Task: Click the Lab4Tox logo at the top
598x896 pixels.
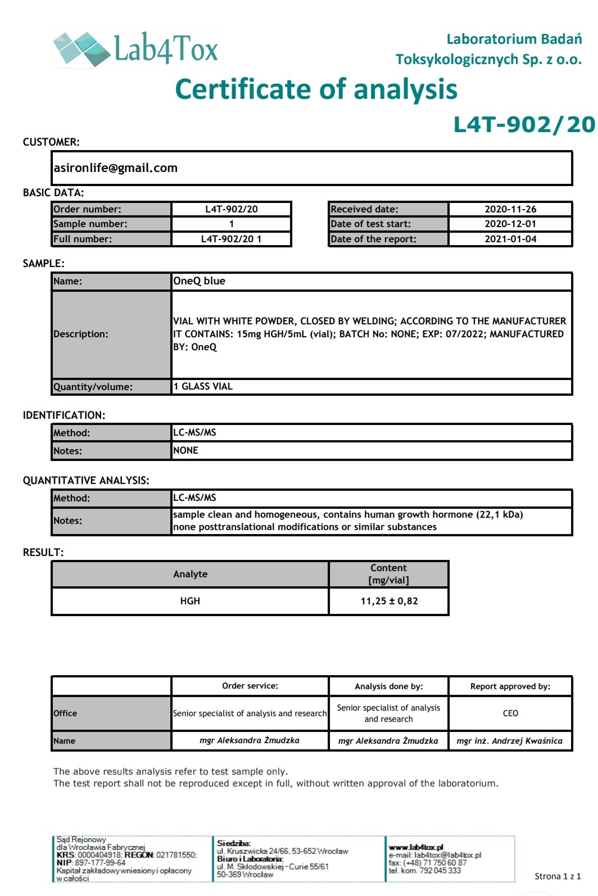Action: tap(135, 48)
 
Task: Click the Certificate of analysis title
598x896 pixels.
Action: tap(316, 89)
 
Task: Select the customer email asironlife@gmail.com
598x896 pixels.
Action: tap(116, 168)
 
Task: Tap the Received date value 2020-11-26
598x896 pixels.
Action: tap(510, 209)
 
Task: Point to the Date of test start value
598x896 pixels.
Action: tap(510, 224)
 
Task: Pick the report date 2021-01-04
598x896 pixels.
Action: tap(510, 239)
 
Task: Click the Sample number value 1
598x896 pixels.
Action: tap(231, 224)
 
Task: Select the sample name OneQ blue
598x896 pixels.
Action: tap(199, 281)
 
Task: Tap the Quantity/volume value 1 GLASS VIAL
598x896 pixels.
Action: tap(203, 386)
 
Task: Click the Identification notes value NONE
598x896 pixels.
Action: tap(185, 450)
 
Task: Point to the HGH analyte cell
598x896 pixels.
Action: tap(190, 601)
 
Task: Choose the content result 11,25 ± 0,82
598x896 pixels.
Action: tap(389, 601)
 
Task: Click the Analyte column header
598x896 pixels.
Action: tap(190, 574)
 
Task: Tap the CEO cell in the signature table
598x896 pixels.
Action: tap(510, 713)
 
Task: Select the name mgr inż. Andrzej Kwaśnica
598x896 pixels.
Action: tap(509, 741)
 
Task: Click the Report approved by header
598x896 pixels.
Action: tap(510, 686)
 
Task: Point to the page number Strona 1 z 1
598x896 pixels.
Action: tap(558, 876)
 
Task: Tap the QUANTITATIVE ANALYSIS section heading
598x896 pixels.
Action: tap(86, 481)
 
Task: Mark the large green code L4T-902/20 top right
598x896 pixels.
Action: tap(524, 125)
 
